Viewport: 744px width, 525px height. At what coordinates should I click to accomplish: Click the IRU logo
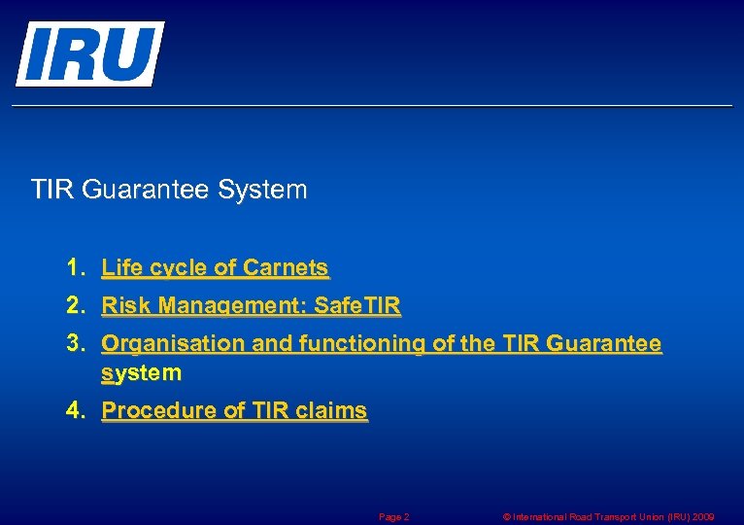coord(88,53)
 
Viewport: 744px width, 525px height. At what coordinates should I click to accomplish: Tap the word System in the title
coord(262,189)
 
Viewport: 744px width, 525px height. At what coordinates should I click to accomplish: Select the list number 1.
coord(76,267)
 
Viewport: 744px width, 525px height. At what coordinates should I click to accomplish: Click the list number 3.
coord(76,344)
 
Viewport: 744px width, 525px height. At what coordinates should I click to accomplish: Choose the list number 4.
coord(76,410)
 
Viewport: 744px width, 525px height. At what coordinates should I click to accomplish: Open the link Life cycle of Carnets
coord(215,267)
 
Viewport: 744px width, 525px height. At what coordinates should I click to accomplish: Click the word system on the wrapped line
coord(141,372)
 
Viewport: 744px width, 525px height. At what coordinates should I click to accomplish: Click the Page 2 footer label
coord(393,517)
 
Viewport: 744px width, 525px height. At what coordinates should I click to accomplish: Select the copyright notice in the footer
coord(608,517)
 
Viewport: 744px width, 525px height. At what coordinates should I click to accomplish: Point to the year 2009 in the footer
coord(702,517)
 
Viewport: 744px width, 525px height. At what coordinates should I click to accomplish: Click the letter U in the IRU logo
coord(128,53)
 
